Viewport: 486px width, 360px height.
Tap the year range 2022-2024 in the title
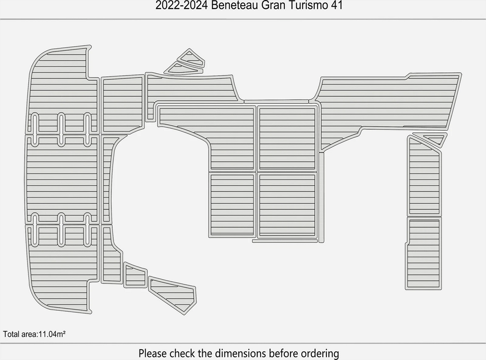[x=181, y=6]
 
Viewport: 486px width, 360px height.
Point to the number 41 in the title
[x=336, y=6]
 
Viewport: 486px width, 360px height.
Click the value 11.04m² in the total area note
[x=51, y=334]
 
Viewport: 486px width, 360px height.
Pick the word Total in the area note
[x=11, y=334]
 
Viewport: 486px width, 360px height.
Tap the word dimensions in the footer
[x=241, y=353]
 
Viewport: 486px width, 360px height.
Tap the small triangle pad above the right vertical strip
[x=432, y=138]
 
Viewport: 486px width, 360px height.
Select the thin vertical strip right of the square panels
[x=321, y=197]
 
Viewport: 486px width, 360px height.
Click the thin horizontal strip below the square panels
[x=285, y=241]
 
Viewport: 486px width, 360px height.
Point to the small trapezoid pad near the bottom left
[x=135, y=275]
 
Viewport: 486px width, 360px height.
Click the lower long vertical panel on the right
[x=424, y=253]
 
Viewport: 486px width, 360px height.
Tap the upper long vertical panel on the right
[x=424, y=176]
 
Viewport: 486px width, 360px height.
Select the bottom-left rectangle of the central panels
[x=232, y=205]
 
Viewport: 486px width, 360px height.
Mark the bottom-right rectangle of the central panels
[x=287, y=205]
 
